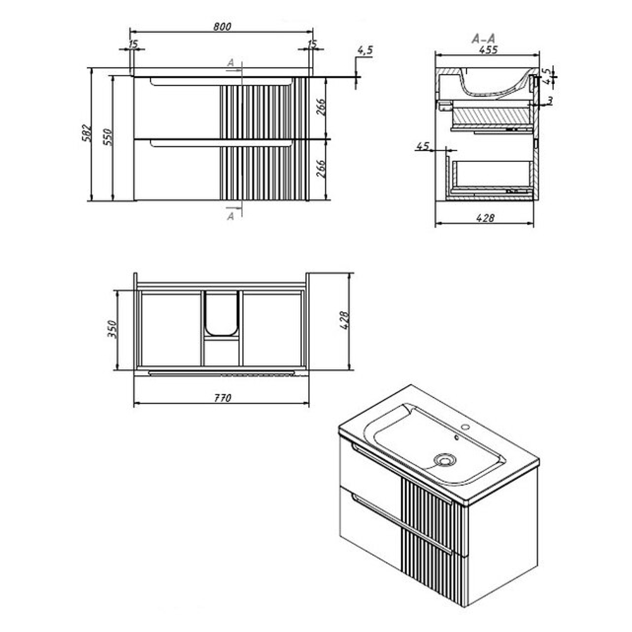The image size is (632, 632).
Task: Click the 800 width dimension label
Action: pos(222,27)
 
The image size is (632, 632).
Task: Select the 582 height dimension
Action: pos(87,133)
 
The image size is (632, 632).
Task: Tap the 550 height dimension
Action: pos(107,137)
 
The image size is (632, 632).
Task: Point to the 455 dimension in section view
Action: pos(488,49)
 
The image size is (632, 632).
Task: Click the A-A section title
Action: pos(483,39)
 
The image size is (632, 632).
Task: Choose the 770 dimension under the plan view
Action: pos(222,398)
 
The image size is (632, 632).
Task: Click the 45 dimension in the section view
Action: pos(422,145)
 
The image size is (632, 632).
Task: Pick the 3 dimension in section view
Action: pos(550,100)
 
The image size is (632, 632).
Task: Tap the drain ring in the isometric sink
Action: pos(445,459)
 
